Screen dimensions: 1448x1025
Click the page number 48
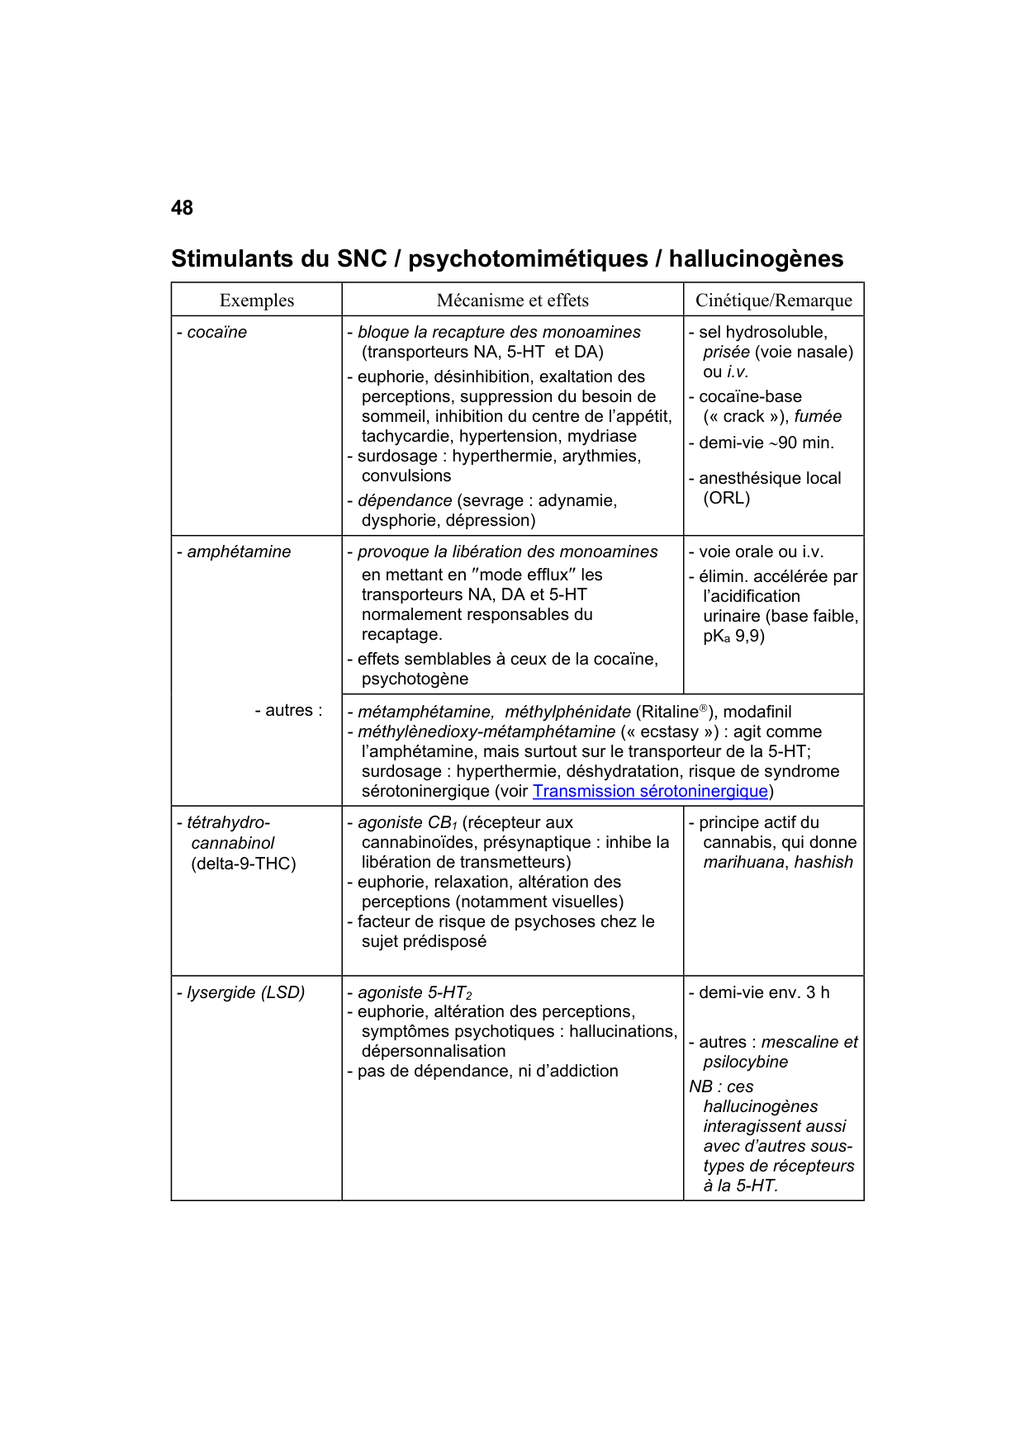pos(182,208)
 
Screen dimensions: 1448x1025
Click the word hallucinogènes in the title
pos(756,259)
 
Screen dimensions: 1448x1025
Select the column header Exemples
pos(256,300)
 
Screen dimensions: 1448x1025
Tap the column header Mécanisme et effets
pos(512,300)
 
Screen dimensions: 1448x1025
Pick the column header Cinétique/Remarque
pos(773,300)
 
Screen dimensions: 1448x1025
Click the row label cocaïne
pos(216,333)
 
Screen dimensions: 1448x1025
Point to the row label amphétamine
pos(238,552)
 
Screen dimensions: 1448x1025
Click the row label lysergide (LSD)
pos(245,993)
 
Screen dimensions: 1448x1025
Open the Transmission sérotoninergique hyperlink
pos(650,792)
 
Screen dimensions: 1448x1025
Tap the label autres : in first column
pos(288,711)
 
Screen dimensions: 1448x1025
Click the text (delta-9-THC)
pos(244,864)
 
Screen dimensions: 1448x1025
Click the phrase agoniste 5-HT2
pos(414,993)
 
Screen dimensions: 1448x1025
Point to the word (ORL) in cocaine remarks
pos(727,499)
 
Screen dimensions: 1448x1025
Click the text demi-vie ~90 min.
pos(766,443)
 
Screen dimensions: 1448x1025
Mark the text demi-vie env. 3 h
pos(763,993)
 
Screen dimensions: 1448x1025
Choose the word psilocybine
pos(745,1062)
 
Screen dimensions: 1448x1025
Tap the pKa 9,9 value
pos(733,636)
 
